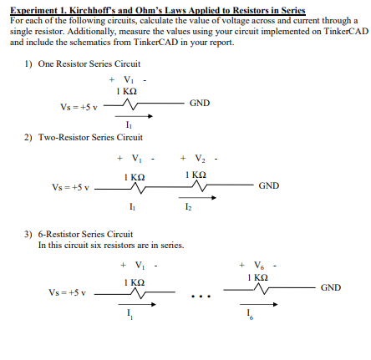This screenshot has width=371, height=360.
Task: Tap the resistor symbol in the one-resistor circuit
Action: pyautogui.click(x=130, y=104)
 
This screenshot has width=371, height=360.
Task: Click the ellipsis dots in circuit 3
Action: pyautogui.click(x=201, y=295)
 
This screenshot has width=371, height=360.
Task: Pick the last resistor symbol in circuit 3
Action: pyautogui.click(x=261, y=289)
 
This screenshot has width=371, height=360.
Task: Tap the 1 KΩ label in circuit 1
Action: pyautogui.click(x=127, y=89)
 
